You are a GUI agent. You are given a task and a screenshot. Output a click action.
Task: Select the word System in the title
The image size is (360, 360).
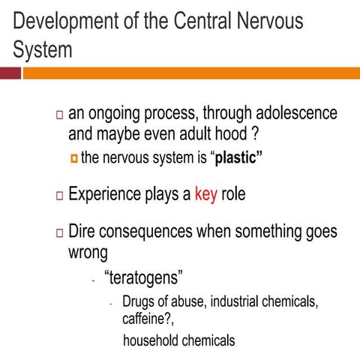[43, 50]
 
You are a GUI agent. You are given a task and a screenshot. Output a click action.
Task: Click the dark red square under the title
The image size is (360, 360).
[10, 73]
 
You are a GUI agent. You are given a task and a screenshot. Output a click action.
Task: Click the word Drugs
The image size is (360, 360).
[139, 302]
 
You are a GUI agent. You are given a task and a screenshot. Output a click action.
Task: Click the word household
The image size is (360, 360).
[151, 340]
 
